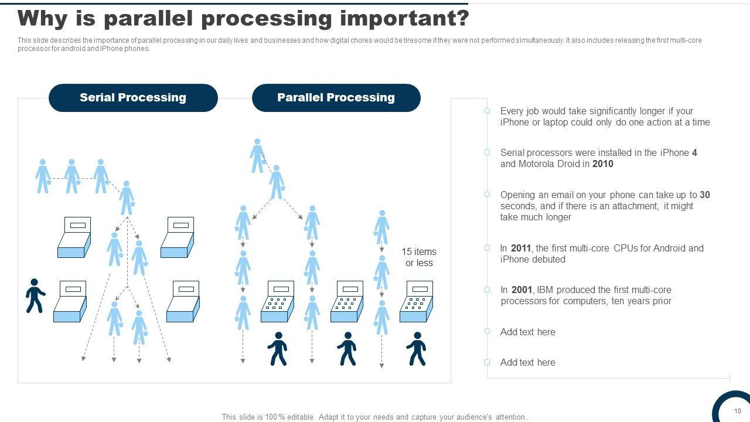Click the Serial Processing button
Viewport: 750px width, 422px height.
coord(133,98)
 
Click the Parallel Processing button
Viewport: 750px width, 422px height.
coord(336,98)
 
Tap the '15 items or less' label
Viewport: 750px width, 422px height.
coord(419,257)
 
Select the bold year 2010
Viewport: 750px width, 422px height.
coord(602,164)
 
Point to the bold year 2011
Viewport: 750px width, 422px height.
coord(521,249)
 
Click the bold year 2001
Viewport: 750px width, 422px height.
coord(521,290)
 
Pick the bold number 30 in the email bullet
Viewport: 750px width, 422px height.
coord(705,195)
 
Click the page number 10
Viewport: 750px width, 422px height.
coord(738,411)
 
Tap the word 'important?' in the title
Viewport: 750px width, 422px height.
coord(405,19)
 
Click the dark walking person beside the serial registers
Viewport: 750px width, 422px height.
coord(35,295)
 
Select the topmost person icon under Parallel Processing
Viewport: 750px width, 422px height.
coord(257,155)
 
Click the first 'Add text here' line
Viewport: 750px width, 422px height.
coord(527,332)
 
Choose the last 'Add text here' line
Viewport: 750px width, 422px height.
coord(527,363)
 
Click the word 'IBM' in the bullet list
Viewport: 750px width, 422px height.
coord(545,290)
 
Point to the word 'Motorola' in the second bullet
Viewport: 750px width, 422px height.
coord(539,164)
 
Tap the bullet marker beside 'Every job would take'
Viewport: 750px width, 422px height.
coord(487,111)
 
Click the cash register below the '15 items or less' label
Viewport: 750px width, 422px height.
coord(416,301)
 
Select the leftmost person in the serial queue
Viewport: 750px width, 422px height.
coord(43,176)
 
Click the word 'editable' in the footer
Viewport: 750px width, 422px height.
coord(299,417)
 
